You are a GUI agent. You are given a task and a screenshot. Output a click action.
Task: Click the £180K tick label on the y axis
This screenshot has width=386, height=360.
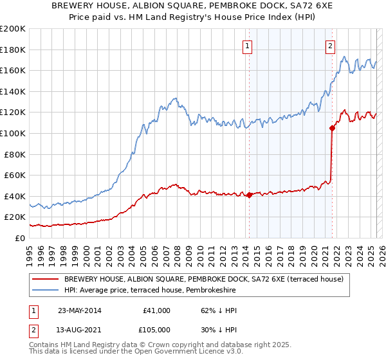point(13,50)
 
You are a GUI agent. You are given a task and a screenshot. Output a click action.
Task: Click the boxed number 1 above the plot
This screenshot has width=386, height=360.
point(248,46)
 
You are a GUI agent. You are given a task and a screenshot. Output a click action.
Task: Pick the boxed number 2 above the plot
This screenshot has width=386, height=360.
point(330,46)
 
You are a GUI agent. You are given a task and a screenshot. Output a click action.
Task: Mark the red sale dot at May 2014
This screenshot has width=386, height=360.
point(249,195)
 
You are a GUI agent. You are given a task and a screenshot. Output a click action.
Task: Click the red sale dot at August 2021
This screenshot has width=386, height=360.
point(332,128)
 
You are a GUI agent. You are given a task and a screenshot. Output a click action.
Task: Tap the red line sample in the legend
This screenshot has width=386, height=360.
point(46,280)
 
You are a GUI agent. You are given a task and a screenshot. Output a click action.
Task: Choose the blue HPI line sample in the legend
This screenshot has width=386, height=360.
point(46,291)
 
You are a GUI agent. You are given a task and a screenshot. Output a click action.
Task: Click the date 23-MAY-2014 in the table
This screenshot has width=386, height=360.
point(79,310)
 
